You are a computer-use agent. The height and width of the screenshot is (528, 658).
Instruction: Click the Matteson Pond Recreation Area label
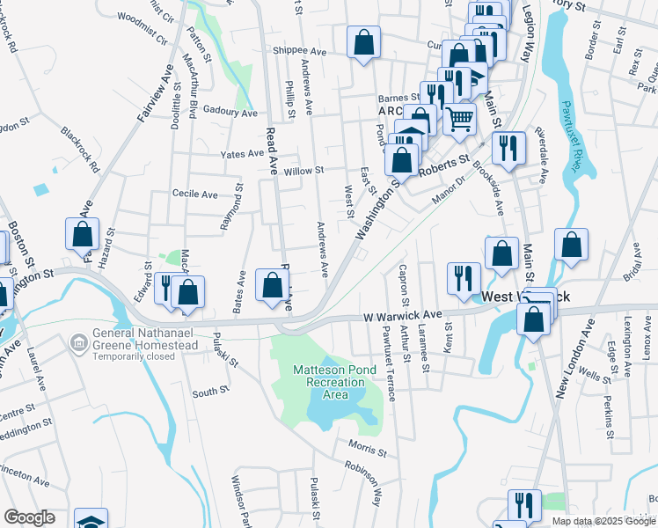[x=324, y=382]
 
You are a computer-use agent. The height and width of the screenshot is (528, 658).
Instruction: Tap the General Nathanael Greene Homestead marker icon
[x=79, y=340]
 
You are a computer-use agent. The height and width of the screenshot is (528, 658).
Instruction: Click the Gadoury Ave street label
[x=229, y=114]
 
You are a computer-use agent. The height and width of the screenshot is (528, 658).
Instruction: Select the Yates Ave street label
[x=244, y=153]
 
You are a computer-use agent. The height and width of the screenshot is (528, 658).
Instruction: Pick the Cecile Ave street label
[x=194, y=194]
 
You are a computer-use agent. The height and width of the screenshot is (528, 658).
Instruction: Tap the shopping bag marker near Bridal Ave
[x=571, y=247]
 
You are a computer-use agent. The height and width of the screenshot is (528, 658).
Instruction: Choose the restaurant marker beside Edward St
[x=165, y=287]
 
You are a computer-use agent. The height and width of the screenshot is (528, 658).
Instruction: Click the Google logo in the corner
[x=29, y=517]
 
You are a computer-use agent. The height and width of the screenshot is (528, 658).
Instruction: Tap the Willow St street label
[x=304, y=170]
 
